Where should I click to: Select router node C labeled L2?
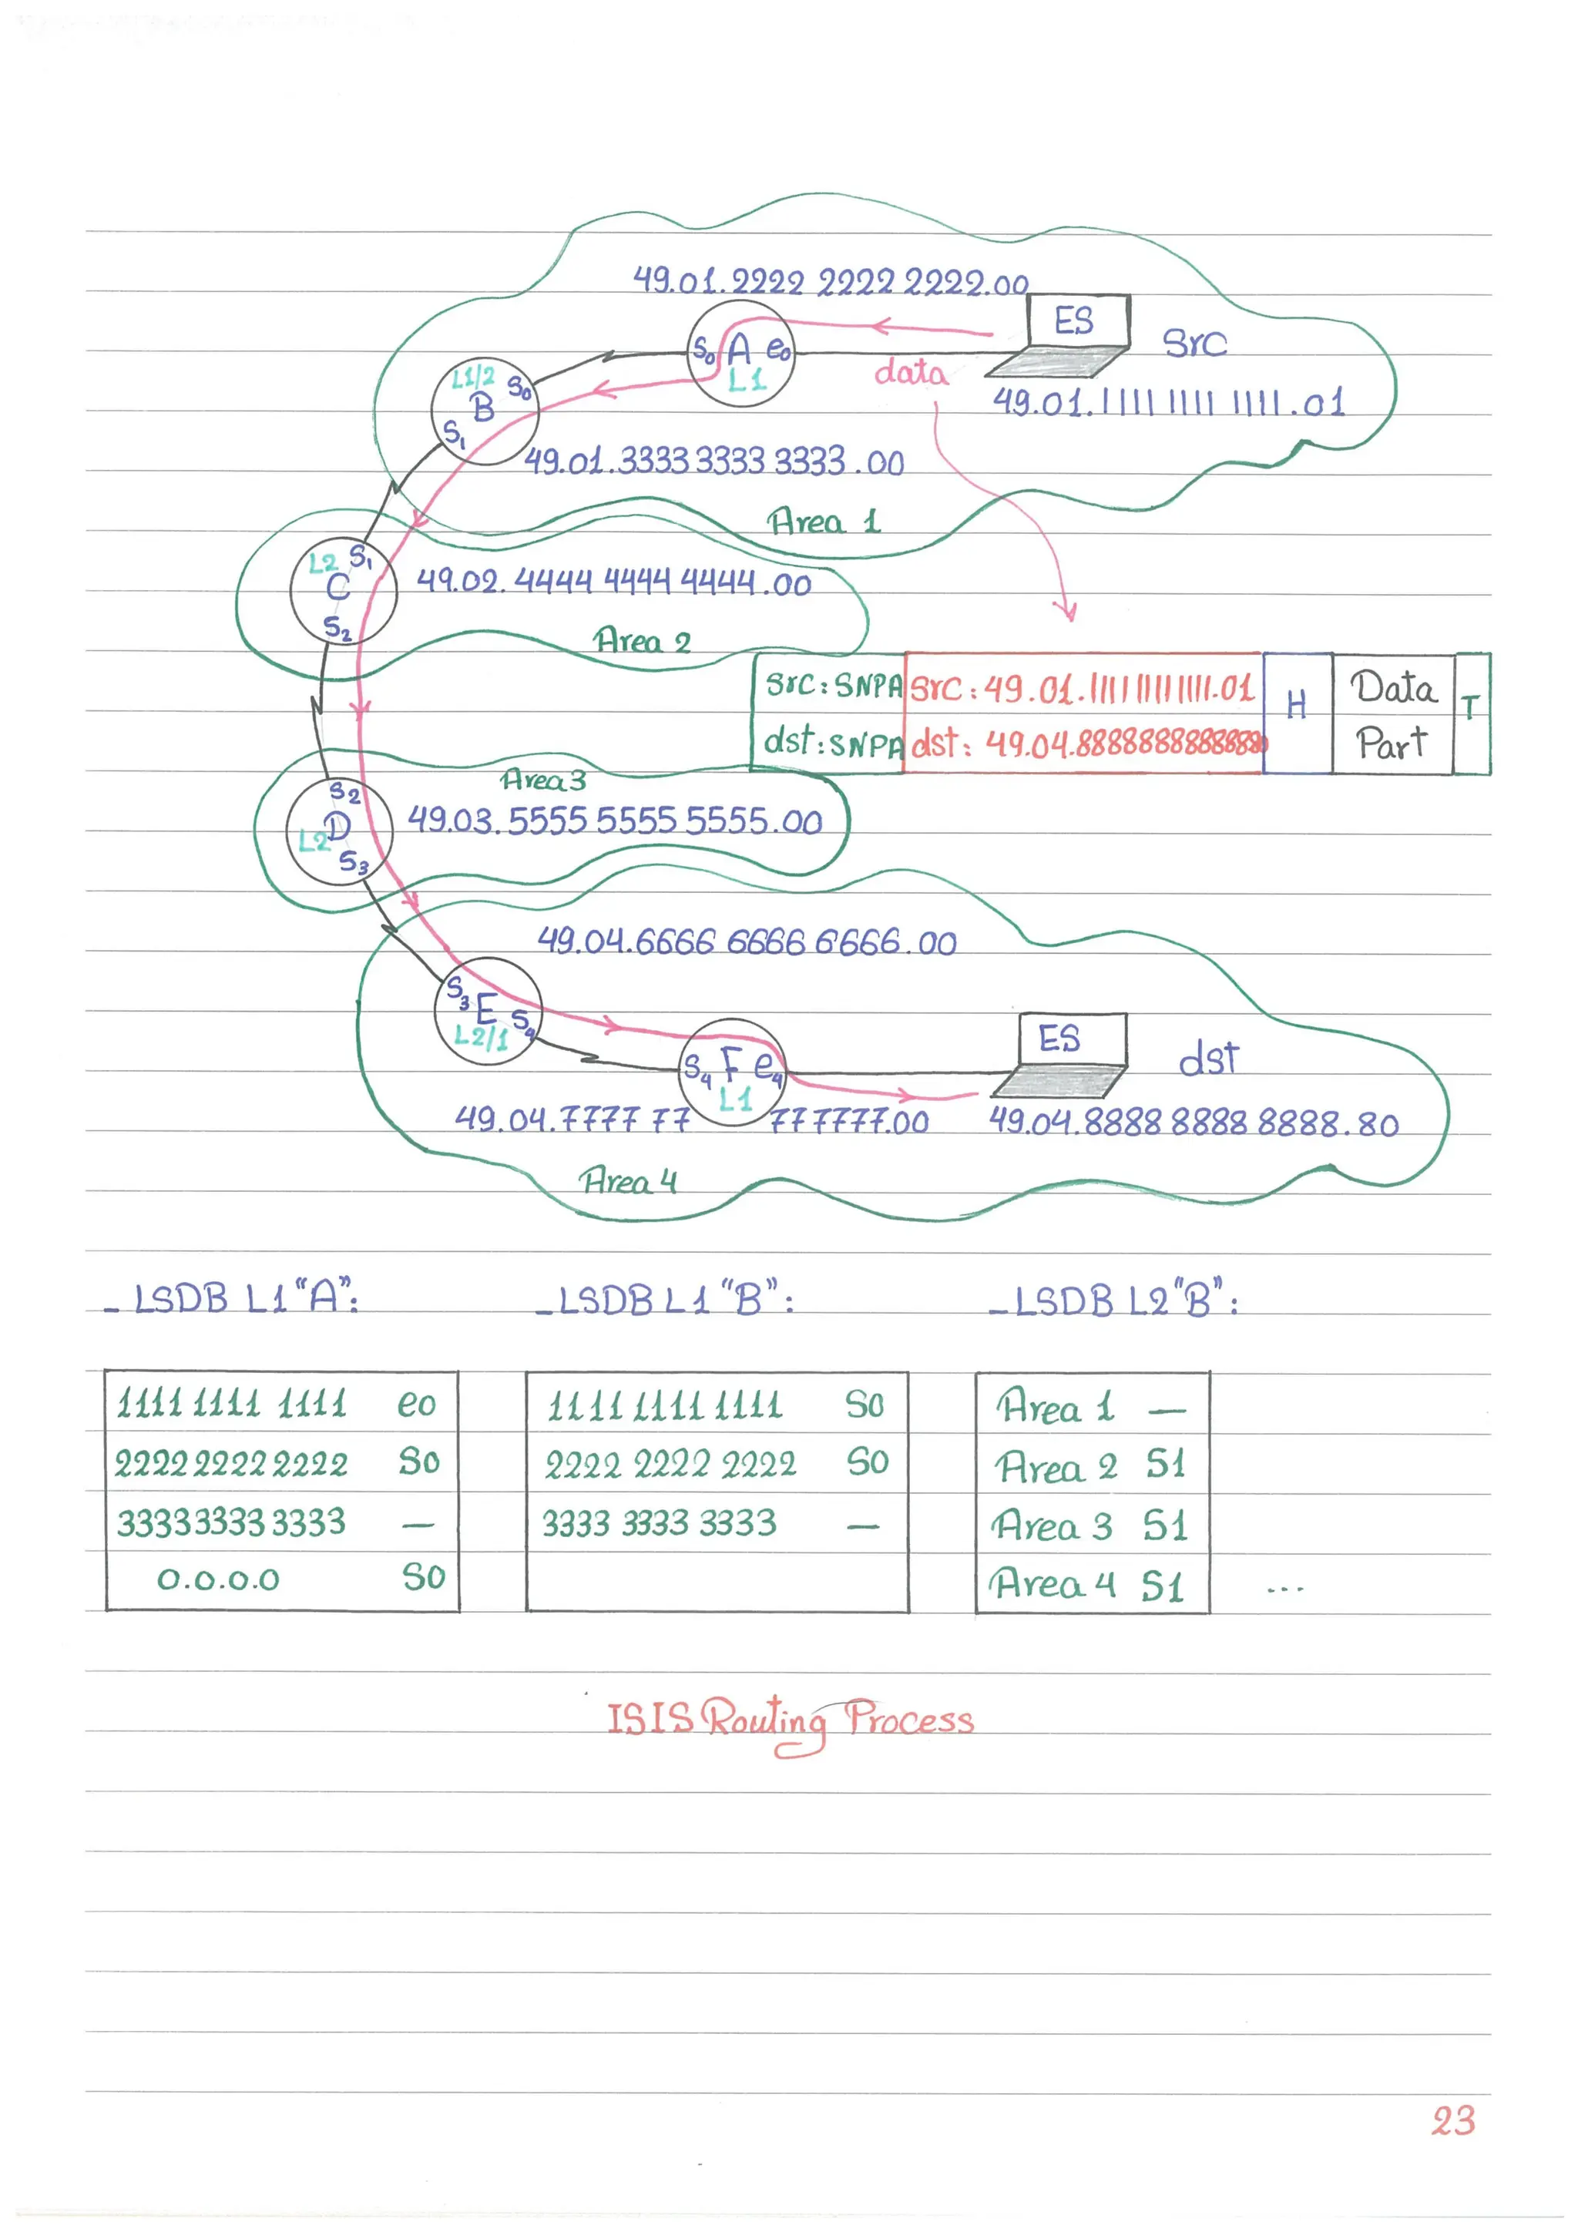pos(342,590)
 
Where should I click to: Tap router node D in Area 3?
pos(338,831)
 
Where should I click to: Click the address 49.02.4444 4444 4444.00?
pos(613,582)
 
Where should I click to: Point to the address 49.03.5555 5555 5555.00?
pos(614,821)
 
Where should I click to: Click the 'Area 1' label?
pos(824,522)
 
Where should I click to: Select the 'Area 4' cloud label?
pos(628,1181)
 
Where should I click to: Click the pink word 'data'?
pos(910,372)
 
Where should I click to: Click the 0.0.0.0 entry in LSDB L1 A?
pos(219,1579)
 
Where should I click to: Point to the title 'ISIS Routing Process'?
pos(790,1720)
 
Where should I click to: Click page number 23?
pos(1452,2120)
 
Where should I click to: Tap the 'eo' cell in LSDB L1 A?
pos(416,1405)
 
